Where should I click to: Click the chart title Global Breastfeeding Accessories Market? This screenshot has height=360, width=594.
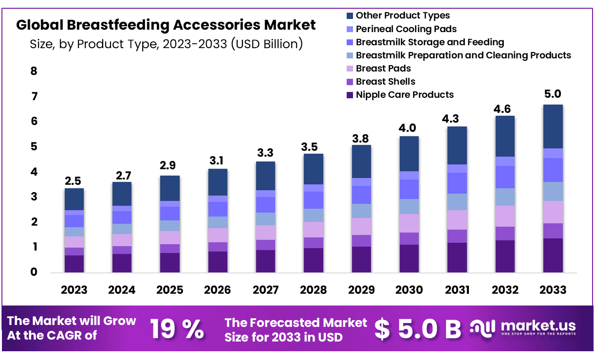[166, 25]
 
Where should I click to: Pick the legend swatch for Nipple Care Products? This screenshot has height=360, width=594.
[350, 95]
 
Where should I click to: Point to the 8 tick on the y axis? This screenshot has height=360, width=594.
[34, 72]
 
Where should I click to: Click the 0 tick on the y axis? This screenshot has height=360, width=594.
[34, 272]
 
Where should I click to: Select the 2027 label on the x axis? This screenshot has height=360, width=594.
[265, 290]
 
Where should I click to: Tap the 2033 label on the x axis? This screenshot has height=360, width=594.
[553, 290]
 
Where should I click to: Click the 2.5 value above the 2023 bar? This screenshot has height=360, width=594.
[74, 181]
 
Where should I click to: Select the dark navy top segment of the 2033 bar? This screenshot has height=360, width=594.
[553, 126]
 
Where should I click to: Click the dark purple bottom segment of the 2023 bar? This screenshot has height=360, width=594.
[74, 264]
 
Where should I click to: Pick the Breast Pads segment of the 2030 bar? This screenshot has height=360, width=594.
[409, 223]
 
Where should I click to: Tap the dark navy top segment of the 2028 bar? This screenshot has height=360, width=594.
[313, 169]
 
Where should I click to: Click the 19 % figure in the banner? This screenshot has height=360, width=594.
[177, 329]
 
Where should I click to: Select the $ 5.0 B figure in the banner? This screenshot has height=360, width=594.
[418, 329]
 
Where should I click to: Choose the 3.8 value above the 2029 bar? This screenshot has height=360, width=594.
[361, 138]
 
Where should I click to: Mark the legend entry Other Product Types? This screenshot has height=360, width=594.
[403, 16]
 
